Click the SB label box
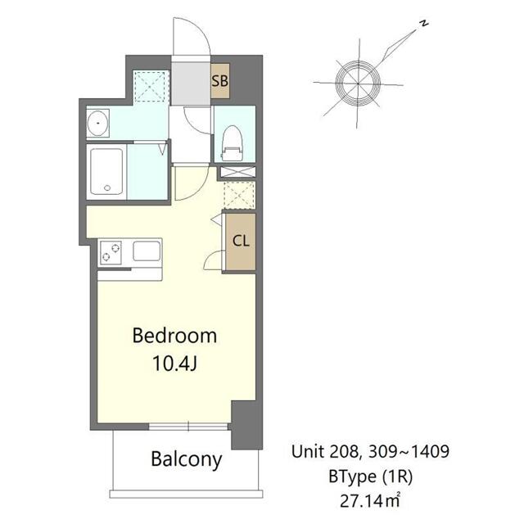(219, 81)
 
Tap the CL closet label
(240, 241)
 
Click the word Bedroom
(174, 335)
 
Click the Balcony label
(187, 459)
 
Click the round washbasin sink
(99, 123)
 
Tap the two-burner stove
(111, 251)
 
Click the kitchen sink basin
(147, 251)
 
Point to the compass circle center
(357, 79)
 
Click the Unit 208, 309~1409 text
(369, 450)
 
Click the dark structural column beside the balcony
(246, 426)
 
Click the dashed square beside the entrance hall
(150, 86)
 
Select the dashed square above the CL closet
(238, 195)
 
